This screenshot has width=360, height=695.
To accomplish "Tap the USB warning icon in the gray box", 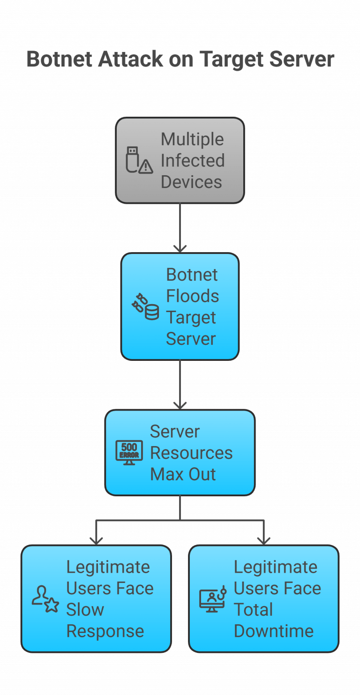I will click(x=139, y=160).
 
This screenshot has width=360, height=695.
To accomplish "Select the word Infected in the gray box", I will click(x=193, y=160).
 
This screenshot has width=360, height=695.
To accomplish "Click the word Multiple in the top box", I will click(x=192, y=139).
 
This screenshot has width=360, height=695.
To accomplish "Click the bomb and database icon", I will click(x=145, y=307).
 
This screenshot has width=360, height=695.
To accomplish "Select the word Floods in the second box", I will click(x=192, y=296).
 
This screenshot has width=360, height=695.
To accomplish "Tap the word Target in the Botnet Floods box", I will click(x=191, y=318).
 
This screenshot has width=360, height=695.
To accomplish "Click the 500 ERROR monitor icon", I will click(x=129, y=453).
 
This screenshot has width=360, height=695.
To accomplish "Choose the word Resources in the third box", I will click(x=191, y=453).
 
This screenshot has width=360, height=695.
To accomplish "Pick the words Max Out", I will click(x=183, y=474).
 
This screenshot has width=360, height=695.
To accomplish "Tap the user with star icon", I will click(x=45, y=599).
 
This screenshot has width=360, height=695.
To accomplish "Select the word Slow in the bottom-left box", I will click(x=85, y=610).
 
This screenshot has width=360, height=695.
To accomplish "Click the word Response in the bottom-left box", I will click(x=105, y=631).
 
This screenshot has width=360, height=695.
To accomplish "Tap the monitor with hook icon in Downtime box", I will click(x=213, y=599).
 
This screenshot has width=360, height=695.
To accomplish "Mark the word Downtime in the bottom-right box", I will click(x=274, y=631).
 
